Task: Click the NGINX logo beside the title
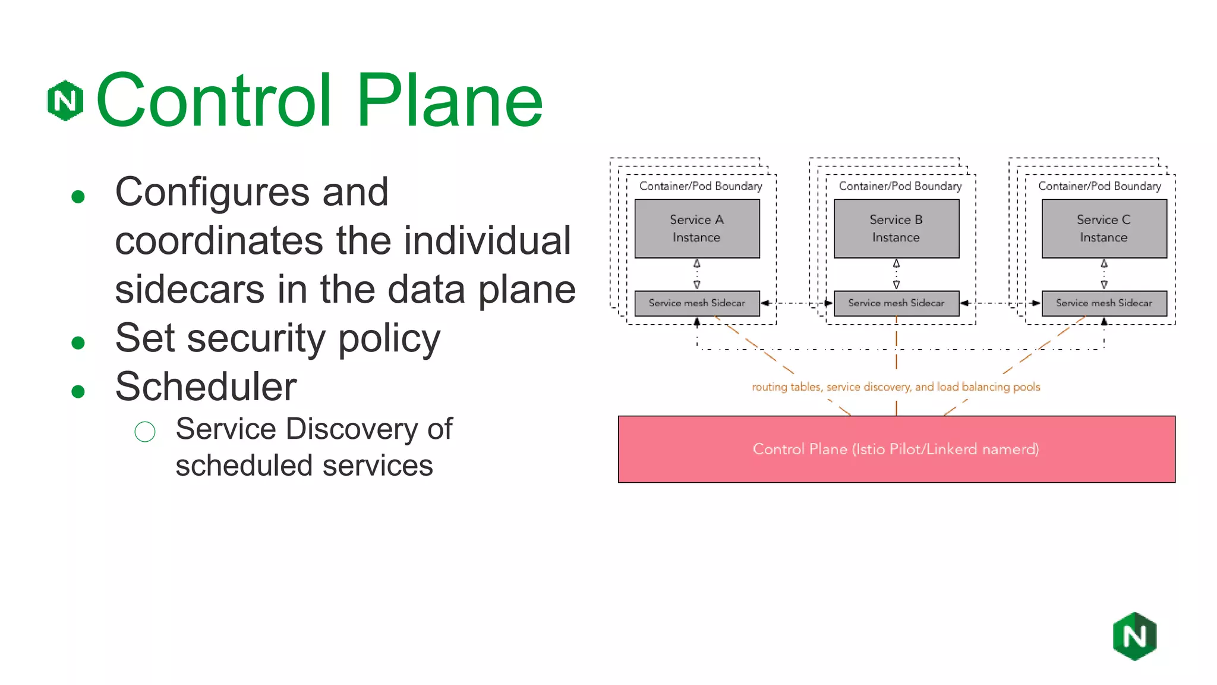tap(65, 100)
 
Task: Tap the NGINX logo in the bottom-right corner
tap(1134, 636)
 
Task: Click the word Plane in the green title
tap(449, 101)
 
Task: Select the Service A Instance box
tap(696, 228)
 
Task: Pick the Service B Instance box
tap(896, 228)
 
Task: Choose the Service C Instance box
tap(1104, 228)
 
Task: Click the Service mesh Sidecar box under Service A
tap(696, 303)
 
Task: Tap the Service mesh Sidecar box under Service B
tap(896, 303)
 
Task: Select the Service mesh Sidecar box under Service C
tap(1104, 303)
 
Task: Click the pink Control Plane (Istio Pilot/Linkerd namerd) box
tap(896, 449)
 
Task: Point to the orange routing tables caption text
tap(896, 387)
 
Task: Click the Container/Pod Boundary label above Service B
tap(900, 186)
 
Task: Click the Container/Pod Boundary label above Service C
tap(1099, 186)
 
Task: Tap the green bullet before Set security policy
tap(78, 342)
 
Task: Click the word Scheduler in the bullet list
tap(206, 387)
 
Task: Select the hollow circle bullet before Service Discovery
tap(145, 432)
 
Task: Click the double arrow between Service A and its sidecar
tap(697, 274)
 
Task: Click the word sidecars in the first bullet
tap(190, 290)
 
